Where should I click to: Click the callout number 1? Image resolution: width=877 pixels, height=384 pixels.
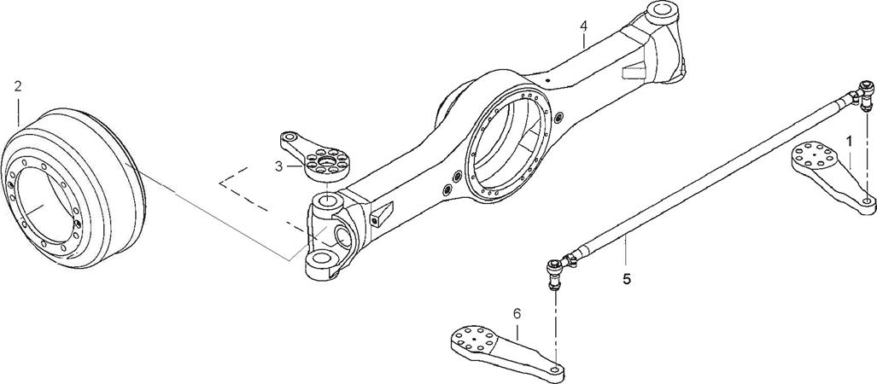point(849,142)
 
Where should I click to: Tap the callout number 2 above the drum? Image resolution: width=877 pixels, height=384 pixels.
point(18,86)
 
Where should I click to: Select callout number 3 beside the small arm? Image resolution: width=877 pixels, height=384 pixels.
point(278,166)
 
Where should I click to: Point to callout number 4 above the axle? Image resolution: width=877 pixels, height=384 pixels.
point(583,26)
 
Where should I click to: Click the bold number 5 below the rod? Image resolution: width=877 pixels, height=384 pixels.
point(627,278)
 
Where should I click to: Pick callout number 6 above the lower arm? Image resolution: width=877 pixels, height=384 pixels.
point(517,313)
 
